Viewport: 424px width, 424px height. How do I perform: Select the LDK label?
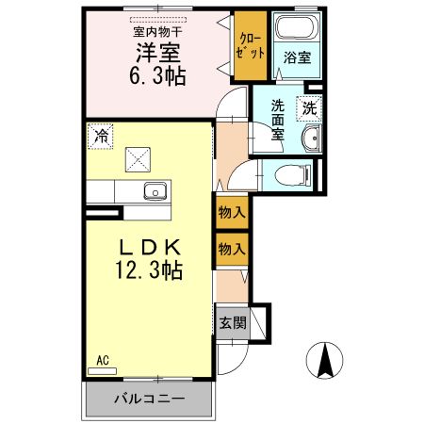[149, 246]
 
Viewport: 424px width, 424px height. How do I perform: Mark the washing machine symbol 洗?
[310, 108]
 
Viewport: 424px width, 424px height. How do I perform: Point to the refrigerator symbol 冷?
[99, 136]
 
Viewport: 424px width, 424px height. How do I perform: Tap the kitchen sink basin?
[155, 192]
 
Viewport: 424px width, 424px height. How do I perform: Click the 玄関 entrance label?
[232, 322]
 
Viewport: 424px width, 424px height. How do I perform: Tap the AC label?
[103, 360]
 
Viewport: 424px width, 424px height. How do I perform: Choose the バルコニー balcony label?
[149, 399]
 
